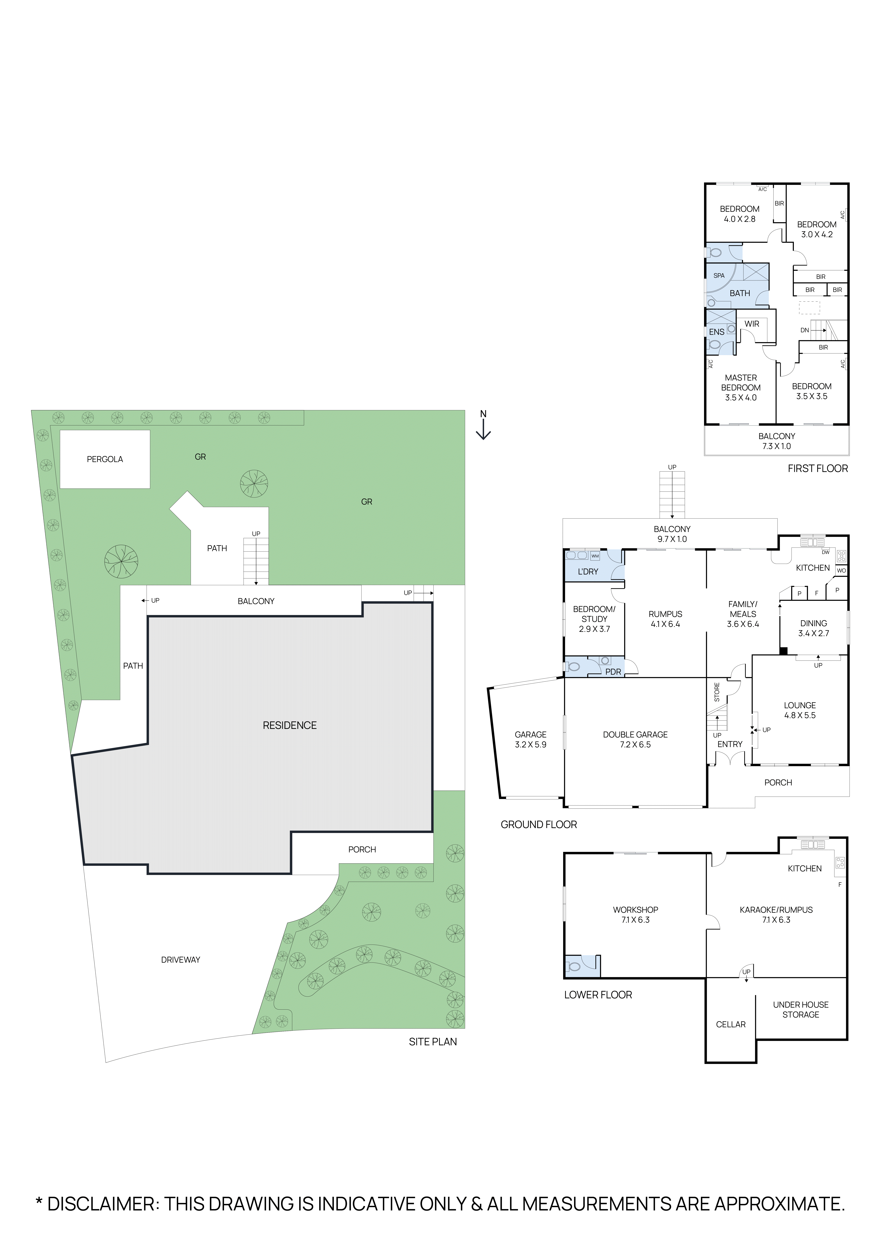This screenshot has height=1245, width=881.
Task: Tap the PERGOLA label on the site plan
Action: coord(105,459)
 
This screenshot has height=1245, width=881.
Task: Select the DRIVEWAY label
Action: coord(181,960)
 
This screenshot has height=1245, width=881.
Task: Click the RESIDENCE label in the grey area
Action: coord(290,726)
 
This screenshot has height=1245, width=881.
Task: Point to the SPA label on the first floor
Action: coord(719,275)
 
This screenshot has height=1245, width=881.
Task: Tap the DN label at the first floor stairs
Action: coord(804,330)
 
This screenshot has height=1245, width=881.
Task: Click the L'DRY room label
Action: coord(588,571)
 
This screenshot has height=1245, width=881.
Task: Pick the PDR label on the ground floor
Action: coord(613,672)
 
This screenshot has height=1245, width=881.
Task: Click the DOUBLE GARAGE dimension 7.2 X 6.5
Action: coord(635,745)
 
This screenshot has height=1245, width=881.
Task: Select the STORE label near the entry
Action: coord(717,693)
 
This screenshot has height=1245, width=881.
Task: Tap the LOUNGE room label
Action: coord(800,705)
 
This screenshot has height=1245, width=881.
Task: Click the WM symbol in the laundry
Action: coord(595,556)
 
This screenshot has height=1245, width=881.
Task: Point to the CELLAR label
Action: coord(731,1024)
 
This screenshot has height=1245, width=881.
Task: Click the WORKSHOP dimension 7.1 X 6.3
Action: coord(635,920)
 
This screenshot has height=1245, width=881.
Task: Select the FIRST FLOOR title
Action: coord(817,469)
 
